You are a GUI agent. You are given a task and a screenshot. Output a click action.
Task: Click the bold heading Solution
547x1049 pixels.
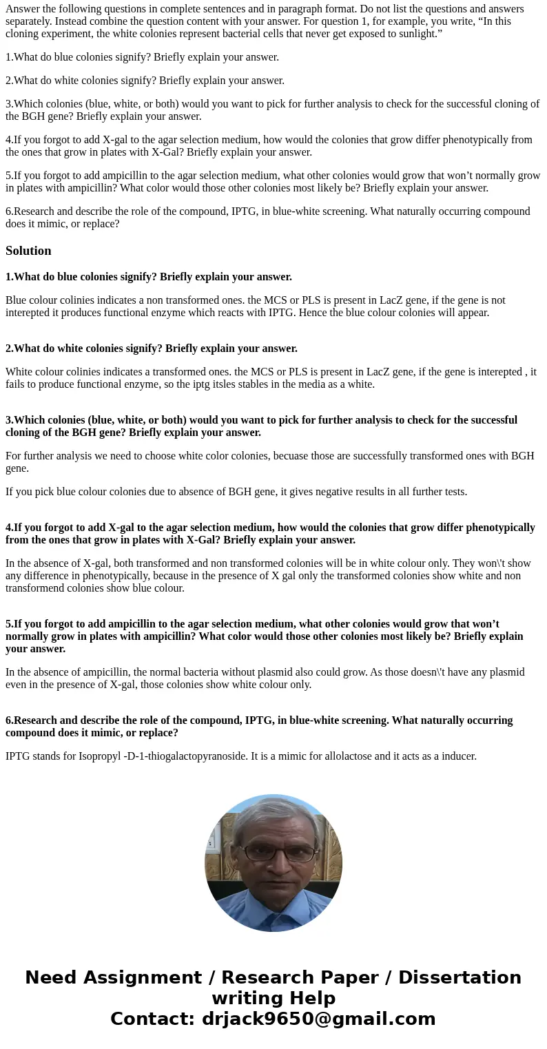(x=28, y=251)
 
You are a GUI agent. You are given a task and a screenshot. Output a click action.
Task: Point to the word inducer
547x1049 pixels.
(x=458, y=756)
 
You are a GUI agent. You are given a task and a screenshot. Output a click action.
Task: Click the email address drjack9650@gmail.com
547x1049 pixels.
(x=318, y=1019)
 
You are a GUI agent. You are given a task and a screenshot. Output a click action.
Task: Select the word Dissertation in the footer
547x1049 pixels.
(x=460, y=978)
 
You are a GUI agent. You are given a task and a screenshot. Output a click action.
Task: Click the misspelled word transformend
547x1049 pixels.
(x=33, y=588)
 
